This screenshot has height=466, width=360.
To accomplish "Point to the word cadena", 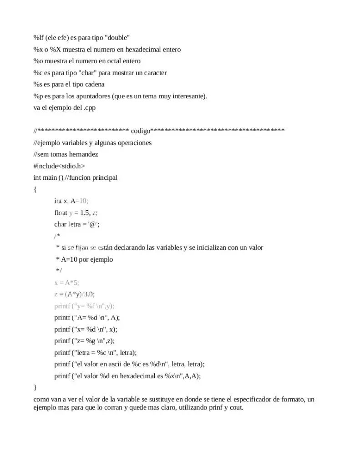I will coord(93,85).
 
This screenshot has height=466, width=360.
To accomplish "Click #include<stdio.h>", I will coord(59,166).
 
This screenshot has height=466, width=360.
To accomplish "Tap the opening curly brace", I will coord(35,189).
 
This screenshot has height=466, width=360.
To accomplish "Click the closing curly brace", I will coord(35,387).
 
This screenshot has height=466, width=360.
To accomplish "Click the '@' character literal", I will coord(93,224).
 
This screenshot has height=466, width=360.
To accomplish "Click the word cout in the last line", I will coord(236,408).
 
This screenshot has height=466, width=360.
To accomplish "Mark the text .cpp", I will coord(89,108).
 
